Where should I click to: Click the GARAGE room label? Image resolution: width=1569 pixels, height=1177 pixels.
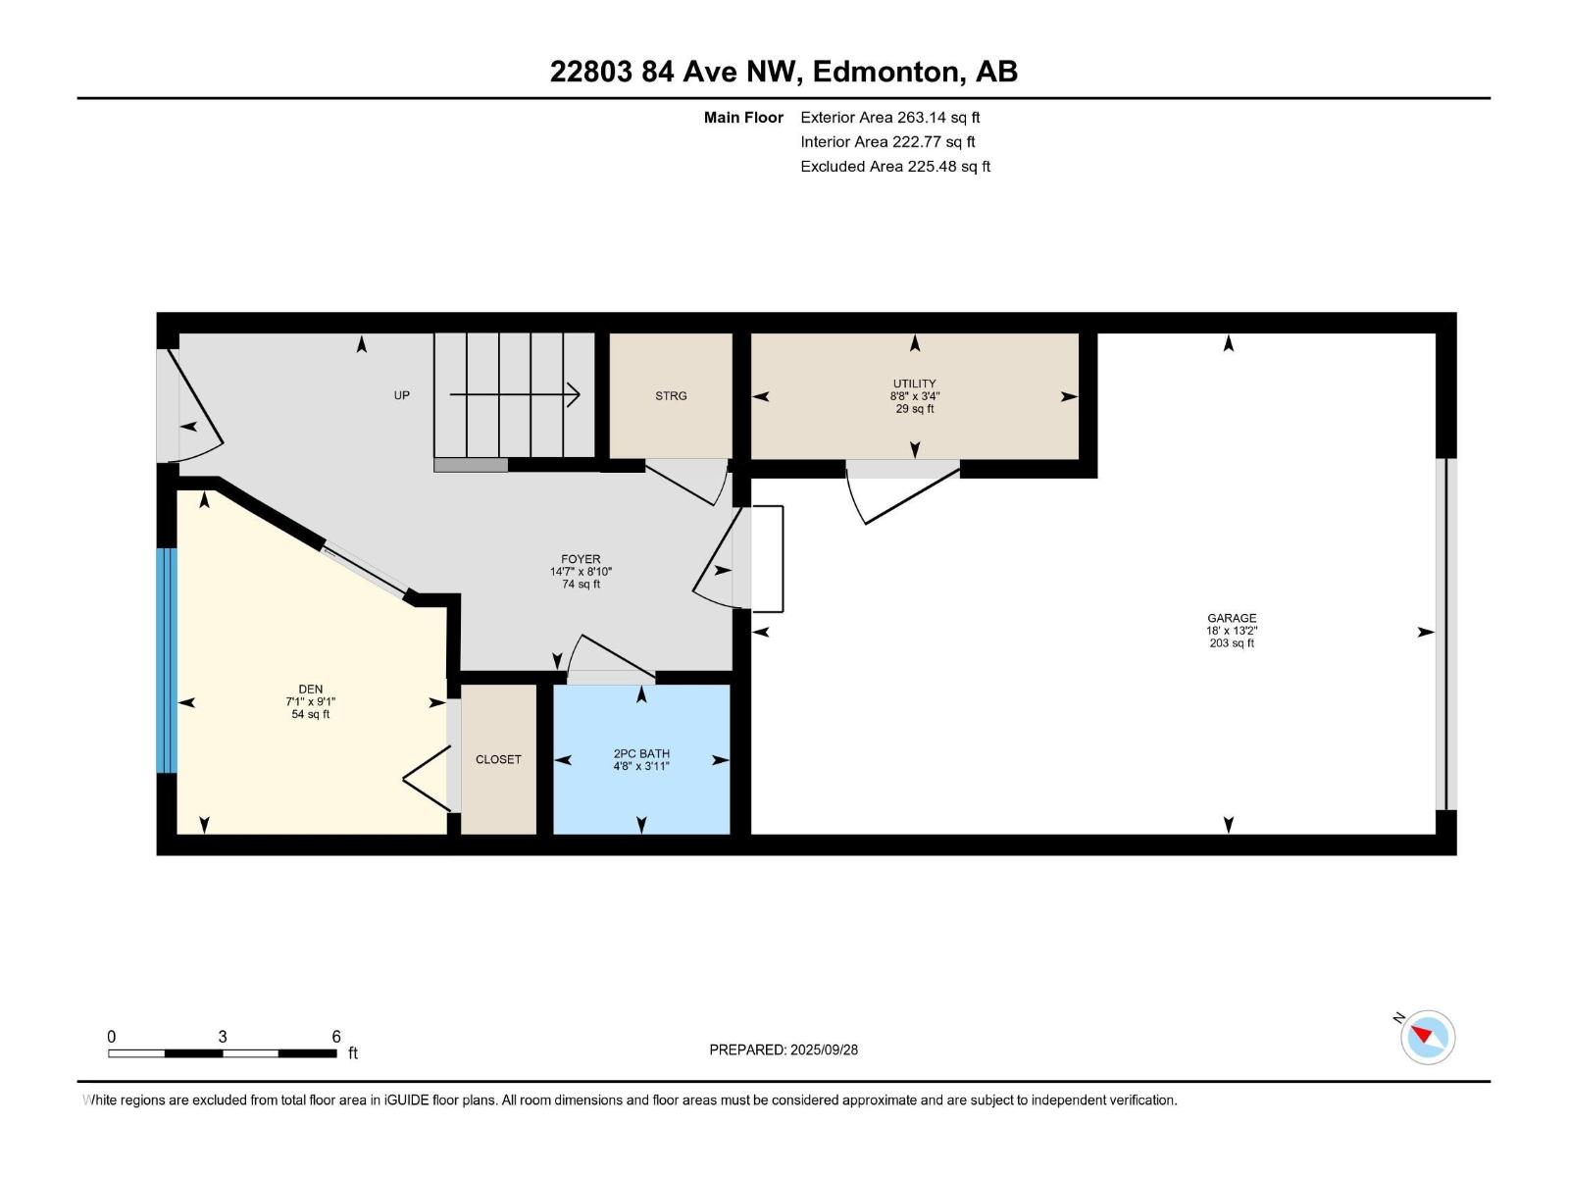coord(1232,618)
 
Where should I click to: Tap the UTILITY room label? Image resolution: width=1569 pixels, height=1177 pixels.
coord(914,384)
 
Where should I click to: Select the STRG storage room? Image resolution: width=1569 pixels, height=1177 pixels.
coord(671,396)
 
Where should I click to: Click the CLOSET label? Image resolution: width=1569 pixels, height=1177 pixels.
coord(498,759)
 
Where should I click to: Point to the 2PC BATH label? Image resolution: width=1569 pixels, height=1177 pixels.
coord(641,753)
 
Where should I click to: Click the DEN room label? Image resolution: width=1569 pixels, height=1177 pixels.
coord(310,690)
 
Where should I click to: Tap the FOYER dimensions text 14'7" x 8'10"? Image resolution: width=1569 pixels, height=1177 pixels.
coord(581,572)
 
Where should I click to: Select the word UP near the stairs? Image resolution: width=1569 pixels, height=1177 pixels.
coord(402,395)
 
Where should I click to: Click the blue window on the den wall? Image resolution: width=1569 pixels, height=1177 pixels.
coord(167,660)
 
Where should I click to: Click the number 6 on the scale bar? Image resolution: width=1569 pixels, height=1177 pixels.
coord(336,1037)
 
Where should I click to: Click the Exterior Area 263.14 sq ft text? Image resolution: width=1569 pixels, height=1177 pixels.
coord(889,118)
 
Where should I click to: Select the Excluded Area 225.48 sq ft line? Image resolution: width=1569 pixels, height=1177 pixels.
coord(894,167)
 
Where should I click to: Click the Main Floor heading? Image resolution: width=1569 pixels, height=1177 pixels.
coord(743,118)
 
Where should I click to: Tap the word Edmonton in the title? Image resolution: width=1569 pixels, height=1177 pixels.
coord(886,72)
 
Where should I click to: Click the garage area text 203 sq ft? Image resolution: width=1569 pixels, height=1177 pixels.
coord(1232,643)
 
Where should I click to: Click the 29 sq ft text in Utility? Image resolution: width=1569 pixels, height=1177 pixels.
coord(914,409)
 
